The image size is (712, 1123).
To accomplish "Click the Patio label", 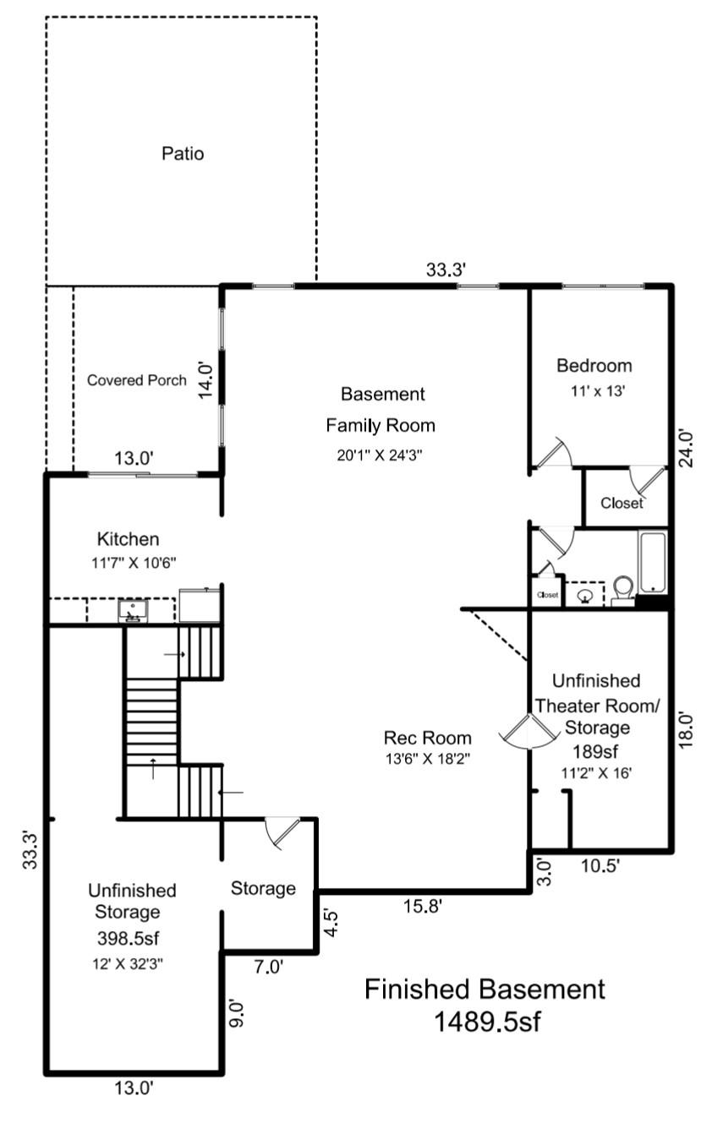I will coord(183,154).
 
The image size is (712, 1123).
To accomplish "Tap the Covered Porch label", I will coord(137,380).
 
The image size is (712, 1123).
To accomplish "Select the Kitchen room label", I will coord(128,539).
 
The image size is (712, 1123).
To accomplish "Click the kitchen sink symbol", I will coord(133,609).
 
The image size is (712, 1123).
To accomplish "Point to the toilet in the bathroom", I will coord(623,589).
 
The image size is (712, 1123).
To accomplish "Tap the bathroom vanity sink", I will coord(584,595).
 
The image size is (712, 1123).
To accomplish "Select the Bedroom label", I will coord(594,366).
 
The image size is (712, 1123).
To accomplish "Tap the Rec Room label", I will coord(427,738).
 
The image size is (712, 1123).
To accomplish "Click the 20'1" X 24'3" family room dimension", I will coord(374,454).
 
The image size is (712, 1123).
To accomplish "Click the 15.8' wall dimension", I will coord(422,908).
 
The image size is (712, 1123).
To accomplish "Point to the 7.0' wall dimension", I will coord(267,966).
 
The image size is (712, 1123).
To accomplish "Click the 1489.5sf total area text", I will coord(486,1022).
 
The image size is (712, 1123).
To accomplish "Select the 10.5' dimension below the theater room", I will coord(601,865).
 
